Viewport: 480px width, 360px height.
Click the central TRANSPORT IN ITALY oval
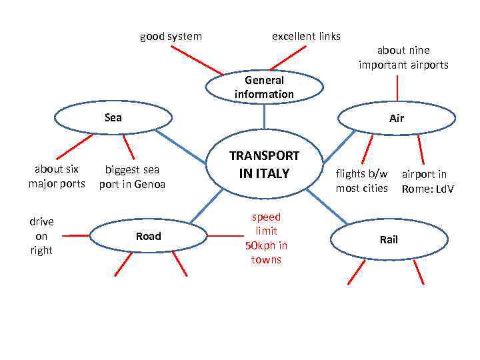pos(265,165)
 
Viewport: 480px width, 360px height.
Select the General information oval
pos(264,87)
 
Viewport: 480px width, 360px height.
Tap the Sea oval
pos(113,118)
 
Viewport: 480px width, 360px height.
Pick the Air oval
pos(397,119)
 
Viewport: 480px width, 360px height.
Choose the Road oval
pos(148,236)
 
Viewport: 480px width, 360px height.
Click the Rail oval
pos(389,239)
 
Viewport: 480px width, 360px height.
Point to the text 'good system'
pos(171,36)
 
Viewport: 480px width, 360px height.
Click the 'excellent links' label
pos(306,36)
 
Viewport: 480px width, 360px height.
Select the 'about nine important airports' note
pos(403,57)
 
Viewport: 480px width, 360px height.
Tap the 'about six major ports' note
pos(57,176)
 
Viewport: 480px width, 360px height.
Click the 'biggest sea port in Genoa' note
pos(132,177)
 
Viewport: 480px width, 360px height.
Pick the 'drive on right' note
pos(41,235)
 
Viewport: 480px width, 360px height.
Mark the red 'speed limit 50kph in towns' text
pos(266,238)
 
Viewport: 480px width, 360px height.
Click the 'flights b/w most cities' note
pos(361,181)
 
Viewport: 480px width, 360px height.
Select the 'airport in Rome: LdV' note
pos(427,181)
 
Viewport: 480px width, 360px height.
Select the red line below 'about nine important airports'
pos(397,87)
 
